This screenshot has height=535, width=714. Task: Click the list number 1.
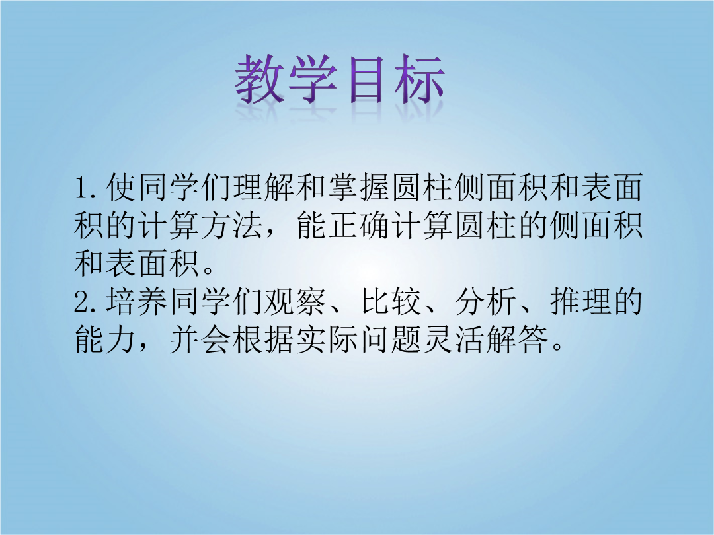[x=81, y=188]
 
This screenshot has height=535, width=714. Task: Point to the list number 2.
[x=82, y=302]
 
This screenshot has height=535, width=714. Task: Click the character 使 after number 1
[x=121, y=188]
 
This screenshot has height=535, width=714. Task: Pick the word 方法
[x=232, y=225]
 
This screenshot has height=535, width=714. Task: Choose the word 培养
[x=137, y=302]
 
